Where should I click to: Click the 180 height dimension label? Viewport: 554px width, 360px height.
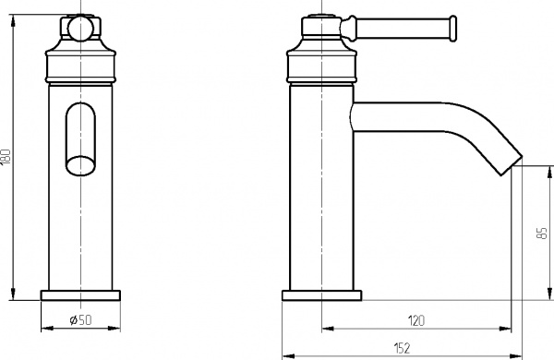coord(7,157)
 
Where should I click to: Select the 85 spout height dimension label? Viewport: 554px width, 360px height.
coord(540,235)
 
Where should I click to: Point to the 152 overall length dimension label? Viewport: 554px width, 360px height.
coord(400,347)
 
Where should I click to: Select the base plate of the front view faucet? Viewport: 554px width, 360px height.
coord(81,295)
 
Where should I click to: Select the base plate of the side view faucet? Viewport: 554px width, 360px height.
coord(322,295)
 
